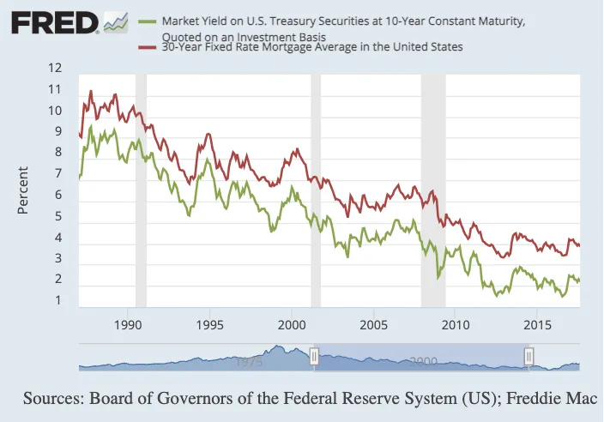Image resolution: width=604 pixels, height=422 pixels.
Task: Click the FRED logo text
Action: pos(55,22)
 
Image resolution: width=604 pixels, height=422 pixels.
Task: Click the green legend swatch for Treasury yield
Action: pos(148,21)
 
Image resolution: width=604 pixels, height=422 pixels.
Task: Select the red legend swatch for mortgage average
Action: pos(148,47)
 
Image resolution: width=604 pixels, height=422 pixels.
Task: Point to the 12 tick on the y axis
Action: pos(55,68)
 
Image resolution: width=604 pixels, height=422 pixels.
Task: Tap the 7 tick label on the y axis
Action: pos(58,173)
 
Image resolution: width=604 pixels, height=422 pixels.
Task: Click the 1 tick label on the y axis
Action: pos(58,300)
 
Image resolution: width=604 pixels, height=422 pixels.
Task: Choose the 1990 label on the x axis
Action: pos(128,325)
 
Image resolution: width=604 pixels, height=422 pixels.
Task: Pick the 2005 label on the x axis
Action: pos(374,325)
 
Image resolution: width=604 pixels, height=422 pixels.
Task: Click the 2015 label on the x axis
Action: pos(537,325)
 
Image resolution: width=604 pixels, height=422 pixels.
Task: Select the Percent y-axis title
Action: pos(22,190)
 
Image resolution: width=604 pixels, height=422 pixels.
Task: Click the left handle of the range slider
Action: pos(314,357)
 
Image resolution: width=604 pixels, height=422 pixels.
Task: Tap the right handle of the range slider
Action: pos(528,357)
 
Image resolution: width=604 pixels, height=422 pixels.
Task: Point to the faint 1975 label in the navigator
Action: pos(249,362)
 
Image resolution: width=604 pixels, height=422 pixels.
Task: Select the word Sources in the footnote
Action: pos(53,398)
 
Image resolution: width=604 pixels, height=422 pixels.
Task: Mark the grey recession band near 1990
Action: pos(141,191)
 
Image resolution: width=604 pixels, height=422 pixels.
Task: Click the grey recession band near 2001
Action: pos(316,191)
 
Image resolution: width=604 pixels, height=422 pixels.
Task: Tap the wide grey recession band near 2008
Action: pos(433,191)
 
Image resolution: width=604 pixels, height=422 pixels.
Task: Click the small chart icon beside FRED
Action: pos(116,22)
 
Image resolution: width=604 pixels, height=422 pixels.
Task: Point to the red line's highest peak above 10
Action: pos(91,91)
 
